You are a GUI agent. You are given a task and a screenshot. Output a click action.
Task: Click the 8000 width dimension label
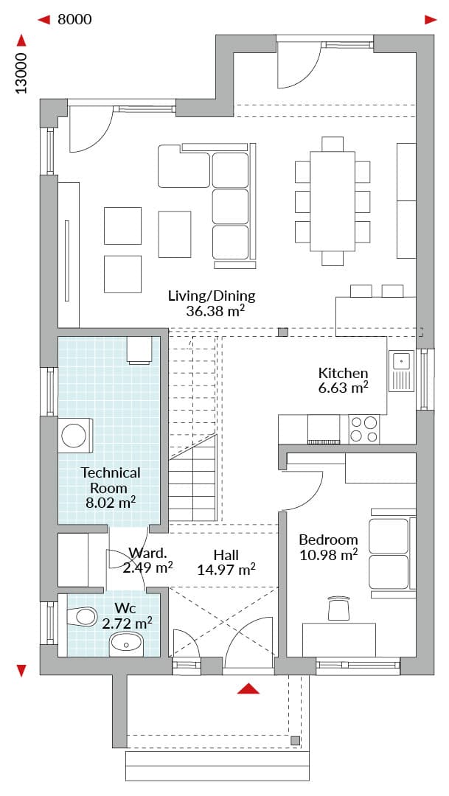click(74, 19)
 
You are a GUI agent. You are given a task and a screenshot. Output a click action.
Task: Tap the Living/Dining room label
click(212, 296)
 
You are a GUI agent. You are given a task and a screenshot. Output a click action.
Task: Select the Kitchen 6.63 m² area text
click(344, 388)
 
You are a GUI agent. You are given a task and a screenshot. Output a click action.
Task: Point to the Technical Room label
click(111, 481)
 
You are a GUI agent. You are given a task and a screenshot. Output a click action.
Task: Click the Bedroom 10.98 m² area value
click(328, 555)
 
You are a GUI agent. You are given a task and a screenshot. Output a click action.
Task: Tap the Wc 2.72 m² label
click(128, 615)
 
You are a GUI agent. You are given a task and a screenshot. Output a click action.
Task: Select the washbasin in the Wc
click(127, 644)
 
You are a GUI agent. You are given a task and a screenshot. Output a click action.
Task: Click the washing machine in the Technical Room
click(77, 435)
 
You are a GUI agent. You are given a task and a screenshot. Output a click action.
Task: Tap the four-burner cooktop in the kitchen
click(363, 430)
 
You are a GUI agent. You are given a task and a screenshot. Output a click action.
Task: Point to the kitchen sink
click(401, 371)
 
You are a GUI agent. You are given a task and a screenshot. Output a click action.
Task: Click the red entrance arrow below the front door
click(248, 688)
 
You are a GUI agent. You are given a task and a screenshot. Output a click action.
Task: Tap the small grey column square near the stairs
click(283, 332)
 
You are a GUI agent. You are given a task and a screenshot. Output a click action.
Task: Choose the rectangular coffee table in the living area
click(175, 234)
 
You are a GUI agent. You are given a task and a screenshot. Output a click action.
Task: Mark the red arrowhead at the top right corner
click(431, 20)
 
